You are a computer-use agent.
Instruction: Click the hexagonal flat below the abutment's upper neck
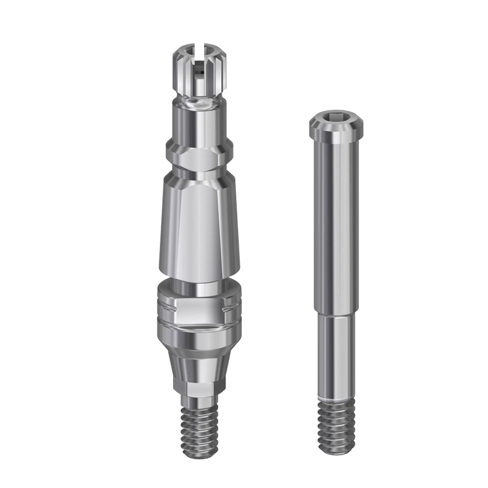pyautogui.click(x=199, y=160)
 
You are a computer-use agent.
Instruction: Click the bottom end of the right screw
pyautogui.click(x=337, y=452)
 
